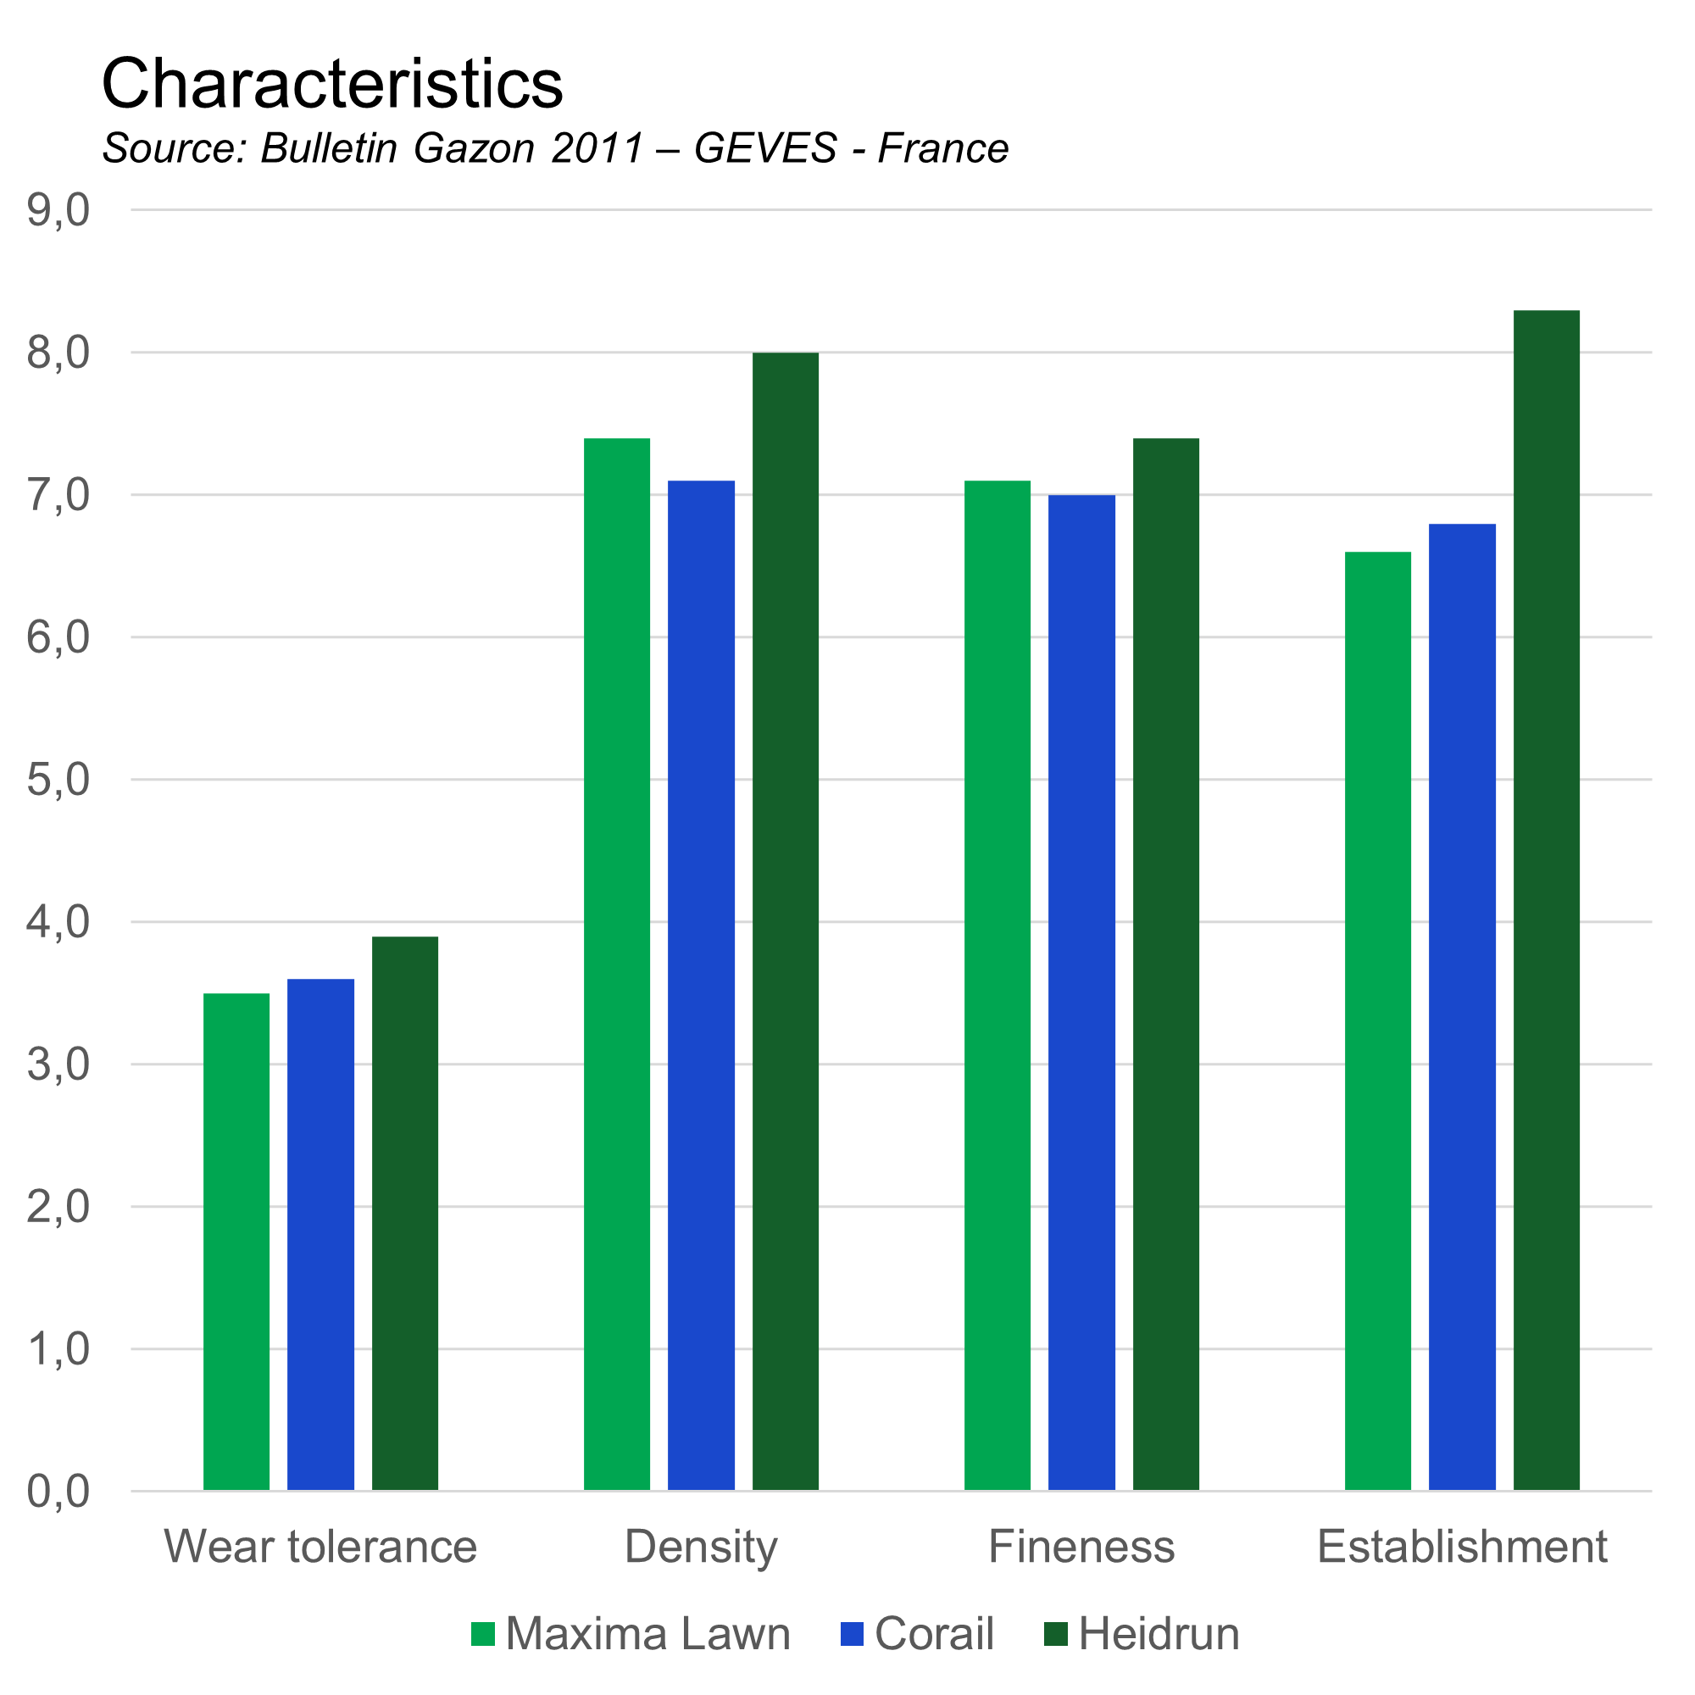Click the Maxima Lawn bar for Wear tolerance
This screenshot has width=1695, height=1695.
(x=237, y=1242)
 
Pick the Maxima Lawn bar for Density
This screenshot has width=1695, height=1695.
(x=618, y=964)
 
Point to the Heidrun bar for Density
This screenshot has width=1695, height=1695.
(x=786, y=921)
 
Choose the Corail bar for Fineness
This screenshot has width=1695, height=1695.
(x=1081, y=992)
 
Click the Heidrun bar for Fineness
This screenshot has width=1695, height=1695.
(x=1166, y=964)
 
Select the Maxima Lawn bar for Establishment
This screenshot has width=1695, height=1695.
(x=1378, y=1021)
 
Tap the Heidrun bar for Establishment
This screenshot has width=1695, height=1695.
(x=1547, y=900)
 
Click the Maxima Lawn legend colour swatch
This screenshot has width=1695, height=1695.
(x=482, y=1634)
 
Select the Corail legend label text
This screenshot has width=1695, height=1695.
(x=934, y=1634)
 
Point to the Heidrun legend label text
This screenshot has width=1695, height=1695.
(x=1159, y=1634)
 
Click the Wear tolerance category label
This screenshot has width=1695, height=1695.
(x=320, y=1547)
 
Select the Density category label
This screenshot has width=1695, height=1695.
(x=701, y=1547)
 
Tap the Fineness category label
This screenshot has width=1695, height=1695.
(x=1081, y=1547)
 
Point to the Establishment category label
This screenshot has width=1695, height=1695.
(x=1462, y=1547)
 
